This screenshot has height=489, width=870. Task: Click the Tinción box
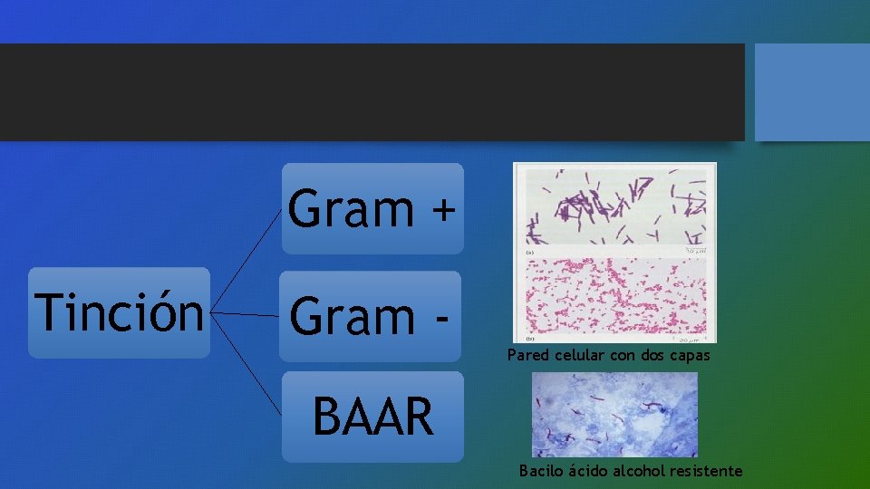[119, 313]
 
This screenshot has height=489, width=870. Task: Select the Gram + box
[372, 208]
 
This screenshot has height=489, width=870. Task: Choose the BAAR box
[372, 417]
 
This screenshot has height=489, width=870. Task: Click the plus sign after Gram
[442, 210]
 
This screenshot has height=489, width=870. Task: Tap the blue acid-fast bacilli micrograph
[614, 415]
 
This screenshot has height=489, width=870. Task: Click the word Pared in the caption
[527, 356]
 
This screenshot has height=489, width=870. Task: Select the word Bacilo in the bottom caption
[540, 471]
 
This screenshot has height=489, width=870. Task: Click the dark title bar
[372, 92]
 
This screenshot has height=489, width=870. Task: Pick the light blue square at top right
[812, 92]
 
